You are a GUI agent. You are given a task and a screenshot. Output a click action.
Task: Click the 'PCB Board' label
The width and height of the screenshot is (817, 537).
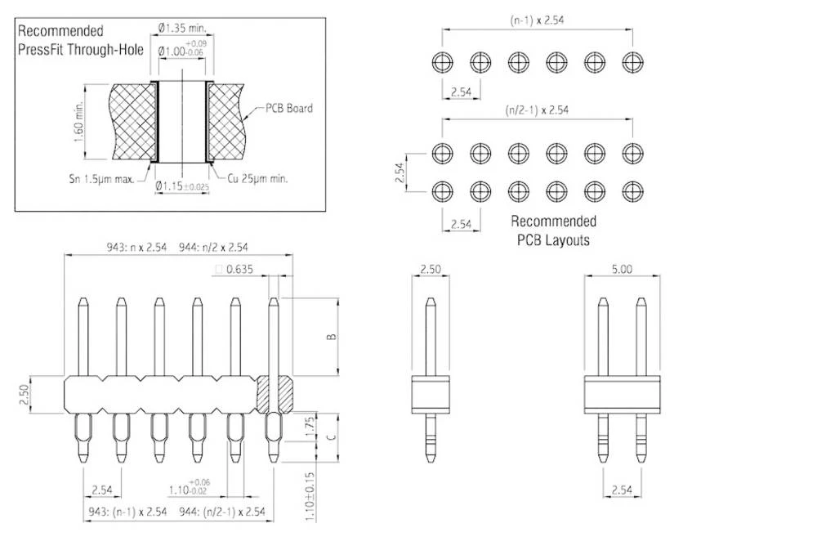[x=289, y=108]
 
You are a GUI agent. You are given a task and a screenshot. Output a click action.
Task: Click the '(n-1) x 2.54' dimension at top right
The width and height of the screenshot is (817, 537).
[x=538, y=19]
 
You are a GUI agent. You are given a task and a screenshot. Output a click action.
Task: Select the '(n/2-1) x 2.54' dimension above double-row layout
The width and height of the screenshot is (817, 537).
[x=538, y=110]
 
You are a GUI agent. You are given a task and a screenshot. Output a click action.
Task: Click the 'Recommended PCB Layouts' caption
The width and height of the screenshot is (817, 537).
[x=553, y=230]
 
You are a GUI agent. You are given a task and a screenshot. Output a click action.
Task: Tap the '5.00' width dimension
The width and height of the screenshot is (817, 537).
[x=621, y=268]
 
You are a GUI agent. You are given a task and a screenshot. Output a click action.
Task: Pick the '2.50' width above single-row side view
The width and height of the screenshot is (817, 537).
[x=431, y=268]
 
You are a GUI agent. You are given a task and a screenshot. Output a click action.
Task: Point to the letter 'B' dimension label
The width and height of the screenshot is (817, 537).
[x=330, y=338]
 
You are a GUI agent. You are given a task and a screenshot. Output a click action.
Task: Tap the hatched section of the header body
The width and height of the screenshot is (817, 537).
[x=275, y=393]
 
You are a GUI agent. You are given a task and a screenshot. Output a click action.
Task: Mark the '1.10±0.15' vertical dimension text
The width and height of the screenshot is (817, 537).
[x=309, y=494]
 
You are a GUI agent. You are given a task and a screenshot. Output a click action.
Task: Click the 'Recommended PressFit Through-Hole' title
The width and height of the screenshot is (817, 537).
[x=80, y=40]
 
